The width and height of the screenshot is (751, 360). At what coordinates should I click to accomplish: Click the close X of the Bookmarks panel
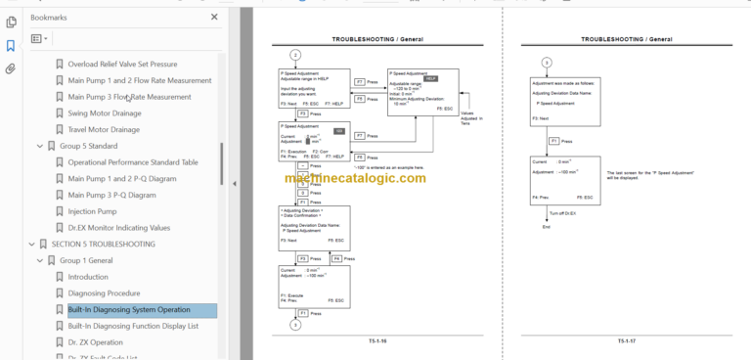click(215, 17)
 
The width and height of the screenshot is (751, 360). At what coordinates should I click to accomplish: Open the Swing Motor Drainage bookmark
click(103, 113)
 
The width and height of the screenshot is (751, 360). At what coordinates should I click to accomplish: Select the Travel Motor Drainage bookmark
click(104, 129)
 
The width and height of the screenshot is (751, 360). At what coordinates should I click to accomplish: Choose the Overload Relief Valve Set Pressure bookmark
click(135, 65)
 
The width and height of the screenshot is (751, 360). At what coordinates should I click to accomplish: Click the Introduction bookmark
click(89, 277)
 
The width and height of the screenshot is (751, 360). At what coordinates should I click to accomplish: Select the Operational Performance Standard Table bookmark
click(133, 161)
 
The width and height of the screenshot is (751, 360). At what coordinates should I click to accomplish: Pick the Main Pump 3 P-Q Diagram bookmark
click(112, 195)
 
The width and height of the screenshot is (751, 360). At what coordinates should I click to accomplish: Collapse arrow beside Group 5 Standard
click(39, 146)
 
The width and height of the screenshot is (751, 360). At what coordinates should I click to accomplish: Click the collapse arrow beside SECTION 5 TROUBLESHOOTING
click(26, 244)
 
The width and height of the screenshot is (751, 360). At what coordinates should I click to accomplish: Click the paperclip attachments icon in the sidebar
click(10, 69)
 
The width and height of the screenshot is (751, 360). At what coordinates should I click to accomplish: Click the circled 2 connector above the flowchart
click(295, 55)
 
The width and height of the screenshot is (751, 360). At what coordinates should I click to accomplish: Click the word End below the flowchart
click(547, 227)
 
